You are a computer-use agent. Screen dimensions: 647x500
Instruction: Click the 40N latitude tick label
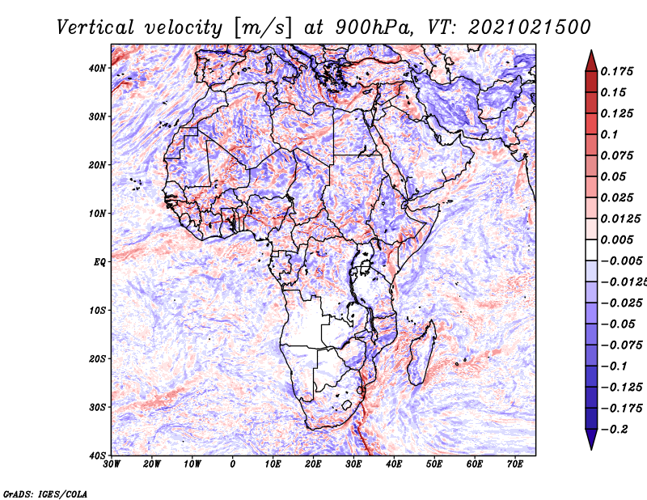[x=97, y=68]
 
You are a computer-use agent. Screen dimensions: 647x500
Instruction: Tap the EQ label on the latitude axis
[x=99, y=262]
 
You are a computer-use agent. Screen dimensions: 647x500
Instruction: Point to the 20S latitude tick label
[x=97, y=358]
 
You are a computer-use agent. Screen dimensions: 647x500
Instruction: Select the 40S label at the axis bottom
[x=97, y=456]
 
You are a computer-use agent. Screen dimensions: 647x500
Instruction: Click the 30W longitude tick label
[x=112, y=464]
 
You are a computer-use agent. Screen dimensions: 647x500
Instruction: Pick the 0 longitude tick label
[x=233, y=464]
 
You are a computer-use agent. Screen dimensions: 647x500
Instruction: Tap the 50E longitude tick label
[x=434, y=464]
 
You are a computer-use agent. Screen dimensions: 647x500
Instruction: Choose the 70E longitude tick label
[x=514, y=464]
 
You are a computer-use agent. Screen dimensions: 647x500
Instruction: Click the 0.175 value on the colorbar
[x=617, y=71]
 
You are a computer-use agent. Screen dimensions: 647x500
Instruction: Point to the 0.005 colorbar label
[x=617, y=239]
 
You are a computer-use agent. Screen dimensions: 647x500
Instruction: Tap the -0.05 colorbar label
[x=617, y=324]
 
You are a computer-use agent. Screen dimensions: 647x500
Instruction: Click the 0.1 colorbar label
[x=610, y=134]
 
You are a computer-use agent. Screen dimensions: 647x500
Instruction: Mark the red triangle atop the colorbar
[x=591, y=61]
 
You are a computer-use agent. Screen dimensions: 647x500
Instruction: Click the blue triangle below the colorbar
[x=591, y=439]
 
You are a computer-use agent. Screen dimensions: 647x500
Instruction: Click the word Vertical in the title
[x=95, y=28]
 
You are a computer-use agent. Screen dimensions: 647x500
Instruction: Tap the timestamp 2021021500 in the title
[x=530, y=28]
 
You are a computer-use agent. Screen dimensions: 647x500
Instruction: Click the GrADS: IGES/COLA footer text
[x=45, y=494]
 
